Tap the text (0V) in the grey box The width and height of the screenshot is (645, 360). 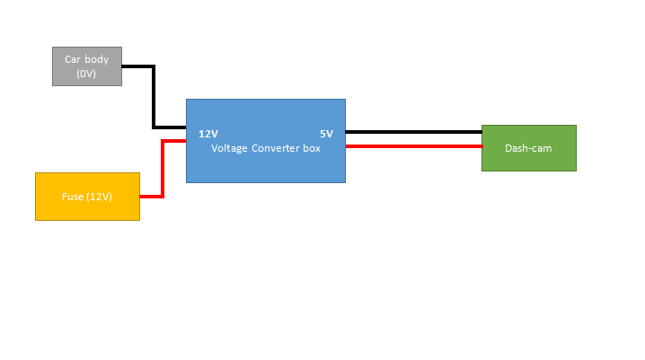[x=86, y=74]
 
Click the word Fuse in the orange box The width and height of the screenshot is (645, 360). [x=73, y=197]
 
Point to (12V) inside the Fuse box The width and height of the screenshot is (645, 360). [x=100, y=197]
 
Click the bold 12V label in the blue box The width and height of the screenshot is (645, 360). [x=208, y=134]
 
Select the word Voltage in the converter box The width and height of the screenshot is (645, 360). [x=230, y=148]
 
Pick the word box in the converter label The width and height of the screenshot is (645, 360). [x=312, y=148]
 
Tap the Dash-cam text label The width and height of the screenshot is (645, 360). [x=528, y=148]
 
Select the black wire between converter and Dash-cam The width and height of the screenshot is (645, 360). [x=413, y=132]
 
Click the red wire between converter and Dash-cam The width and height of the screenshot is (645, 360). [x=413, y=145]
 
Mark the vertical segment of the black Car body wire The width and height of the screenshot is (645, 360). [x=155, y=97]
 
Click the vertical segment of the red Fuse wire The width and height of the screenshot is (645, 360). [x=162, y=168]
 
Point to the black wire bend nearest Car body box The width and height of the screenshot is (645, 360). [x=155, y=66]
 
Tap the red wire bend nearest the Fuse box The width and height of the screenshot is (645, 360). [x=162, y=196]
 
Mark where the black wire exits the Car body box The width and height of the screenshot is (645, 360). [x=123, y=66]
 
